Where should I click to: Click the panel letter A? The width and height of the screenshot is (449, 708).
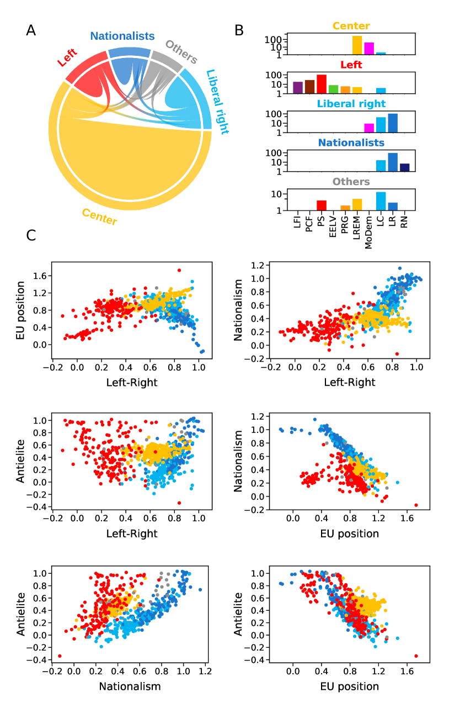click(31, 31)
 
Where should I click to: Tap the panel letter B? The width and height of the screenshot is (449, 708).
click(239, 31)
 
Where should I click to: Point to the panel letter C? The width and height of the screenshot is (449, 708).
click(31, 235)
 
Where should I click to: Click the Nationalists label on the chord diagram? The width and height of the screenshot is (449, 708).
click(122, 36)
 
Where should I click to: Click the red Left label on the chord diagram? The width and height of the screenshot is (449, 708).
click(67, 58)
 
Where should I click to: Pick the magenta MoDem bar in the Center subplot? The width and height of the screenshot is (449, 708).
click(369, 49)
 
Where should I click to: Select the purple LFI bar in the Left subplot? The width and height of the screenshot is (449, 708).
click(298, 87)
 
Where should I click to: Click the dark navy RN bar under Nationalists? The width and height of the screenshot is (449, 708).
click(404, 167)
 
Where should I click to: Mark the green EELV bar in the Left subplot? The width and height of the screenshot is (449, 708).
click(333, 89)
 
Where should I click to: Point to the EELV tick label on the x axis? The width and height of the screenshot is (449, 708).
click(333, 226)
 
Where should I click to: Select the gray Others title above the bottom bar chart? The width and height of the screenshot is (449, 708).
click(351, 182)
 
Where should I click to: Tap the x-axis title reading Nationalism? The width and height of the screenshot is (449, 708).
click(130, 686)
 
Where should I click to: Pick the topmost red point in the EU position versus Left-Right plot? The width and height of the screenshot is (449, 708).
click(179, 270)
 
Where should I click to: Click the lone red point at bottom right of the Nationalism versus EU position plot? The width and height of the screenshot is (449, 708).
click(416, 505)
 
